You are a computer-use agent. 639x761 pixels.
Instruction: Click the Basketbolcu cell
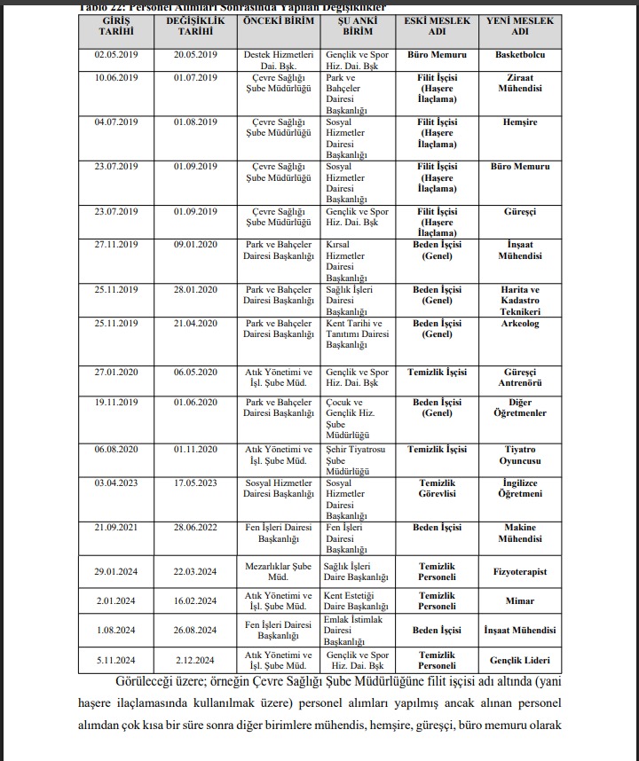(x=520, y=54)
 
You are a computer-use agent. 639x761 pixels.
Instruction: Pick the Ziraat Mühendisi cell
(x=520, y=83)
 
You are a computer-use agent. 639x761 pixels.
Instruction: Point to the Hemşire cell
(x=520, y=122)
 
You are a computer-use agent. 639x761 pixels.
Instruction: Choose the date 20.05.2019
(x=197, y=54)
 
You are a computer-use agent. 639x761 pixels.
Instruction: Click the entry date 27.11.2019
(x=117, y=245)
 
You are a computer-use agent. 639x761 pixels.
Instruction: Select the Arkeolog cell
(x=520, y=324)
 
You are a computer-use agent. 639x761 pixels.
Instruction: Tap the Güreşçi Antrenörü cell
(x=520, y=378)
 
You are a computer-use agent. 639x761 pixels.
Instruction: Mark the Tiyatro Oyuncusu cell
(x=520, y=455)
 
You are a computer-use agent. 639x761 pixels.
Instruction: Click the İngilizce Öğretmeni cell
(x=520, y=489)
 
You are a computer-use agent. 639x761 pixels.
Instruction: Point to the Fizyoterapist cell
(x=520, y=572)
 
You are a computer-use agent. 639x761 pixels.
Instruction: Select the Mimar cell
(x=520, y=600)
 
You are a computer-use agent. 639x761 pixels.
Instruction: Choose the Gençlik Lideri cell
(x=520, y=661)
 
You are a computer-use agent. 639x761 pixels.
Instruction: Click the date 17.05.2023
(x=197, y=483)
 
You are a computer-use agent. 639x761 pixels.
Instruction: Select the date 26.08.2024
(x=197, y=631)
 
